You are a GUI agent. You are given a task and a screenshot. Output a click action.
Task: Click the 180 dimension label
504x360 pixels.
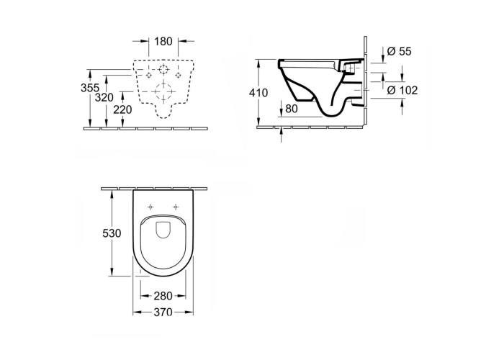(x=163, y=42)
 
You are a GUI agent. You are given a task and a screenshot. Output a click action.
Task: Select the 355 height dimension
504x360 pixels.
(x=90, y=88)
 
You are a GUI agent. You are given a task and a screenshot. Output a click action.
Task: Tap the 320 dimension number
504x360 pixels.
(x=104, y=97)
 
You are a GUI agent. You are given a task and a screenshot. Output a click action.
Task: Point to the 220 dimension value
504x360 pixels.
(x=122, y=109)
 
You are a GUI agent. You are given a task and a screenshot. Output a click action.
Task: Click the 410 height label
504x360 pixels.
(x=258, y=93)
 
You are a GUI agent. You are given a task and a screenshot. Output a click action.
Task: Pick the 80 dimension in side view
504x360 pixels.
(x=291, y=109)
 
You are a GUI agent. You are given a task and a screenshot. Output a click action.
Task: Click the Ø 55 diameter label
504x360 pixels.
(x=399, y=51)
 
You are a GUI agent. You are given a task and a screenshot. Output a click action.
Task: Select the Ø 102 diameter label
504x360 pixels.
(x=402, y=90)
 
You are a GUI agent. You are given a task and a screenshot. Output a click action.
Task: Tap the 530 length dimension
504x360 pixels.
(x=112, y=233)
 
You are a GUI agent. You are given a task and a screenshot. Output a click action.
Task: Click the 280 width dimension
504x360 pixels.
(x=163, y=296)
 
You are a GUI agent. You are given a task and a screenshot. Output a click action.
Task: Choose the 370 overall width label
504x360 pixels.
(x=163, y=312)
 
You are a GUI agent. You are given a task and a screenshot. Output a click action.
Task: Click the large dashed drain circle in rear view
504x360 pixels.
(x=164, y=91)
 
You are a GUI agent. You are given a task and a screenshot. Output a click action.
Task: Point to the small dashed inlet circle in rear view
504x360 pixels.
(x=163, y=69)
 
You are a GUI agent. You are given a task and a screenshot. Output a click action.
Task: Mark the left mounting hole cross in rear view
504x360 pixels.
(x=148, y=75)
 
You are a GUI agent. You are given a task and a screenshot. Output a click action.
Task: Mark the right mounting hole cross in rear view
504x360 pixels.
(x=178, y=75)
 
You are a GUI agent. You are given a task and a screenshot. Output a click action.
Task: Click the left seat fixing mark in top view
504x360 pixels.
(x=150, y=207)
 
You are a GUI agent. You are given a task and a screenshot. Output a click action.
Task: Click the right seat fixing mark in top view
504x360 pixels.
(x=176, y=207)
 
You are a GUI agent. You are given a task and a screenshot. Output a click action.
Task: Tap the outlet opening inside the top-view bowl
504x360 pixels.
(x=163, y=230)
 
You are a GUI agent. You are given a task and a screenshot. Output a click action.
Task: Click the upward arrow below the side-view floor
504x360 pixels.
(x=282, y=135)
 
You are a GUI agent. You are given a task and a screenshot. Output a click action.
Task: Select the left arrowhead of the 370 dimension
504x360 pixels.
(x=136, y=312)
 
